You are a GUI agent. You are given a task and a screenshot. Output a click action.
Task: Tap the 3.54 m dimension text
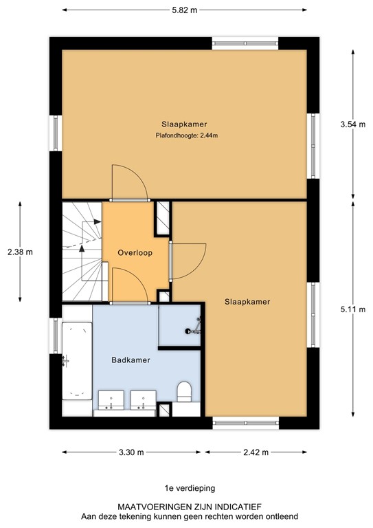352,124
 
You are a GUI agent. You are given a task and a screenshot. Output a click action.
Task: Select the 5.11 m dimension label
352,309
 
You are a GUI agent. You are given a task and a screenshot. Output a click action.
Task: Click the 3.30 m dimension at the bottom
131,452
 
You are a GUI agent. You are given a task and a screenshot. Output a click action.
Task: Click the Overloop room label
134,252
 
